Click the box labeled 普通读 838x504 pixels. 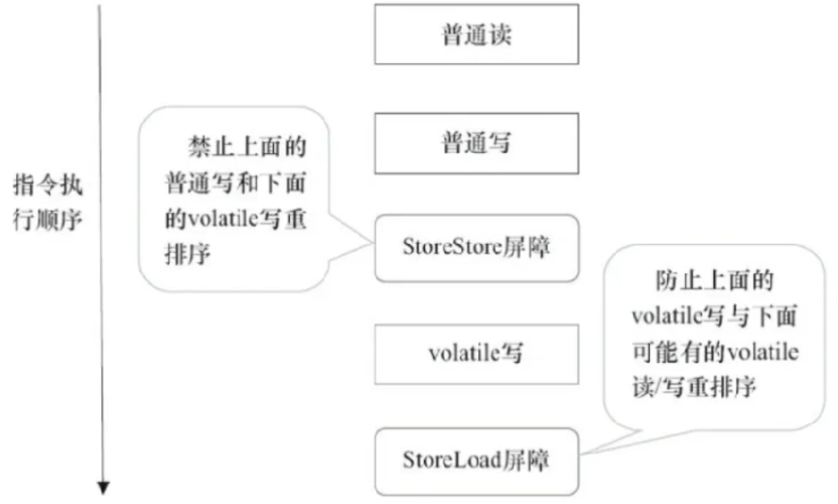476,34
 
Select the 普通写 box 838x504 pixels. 476,143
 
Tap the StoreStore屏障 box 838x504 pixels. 476,248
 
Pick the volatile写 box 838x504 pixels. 476,354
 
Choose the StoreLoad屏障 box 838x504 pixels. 476,462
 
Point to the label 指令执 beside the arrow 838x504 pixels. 48,186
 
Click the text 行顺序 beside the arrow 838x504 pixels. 48,220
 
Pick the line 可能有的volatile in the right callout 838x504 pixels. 715,352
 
